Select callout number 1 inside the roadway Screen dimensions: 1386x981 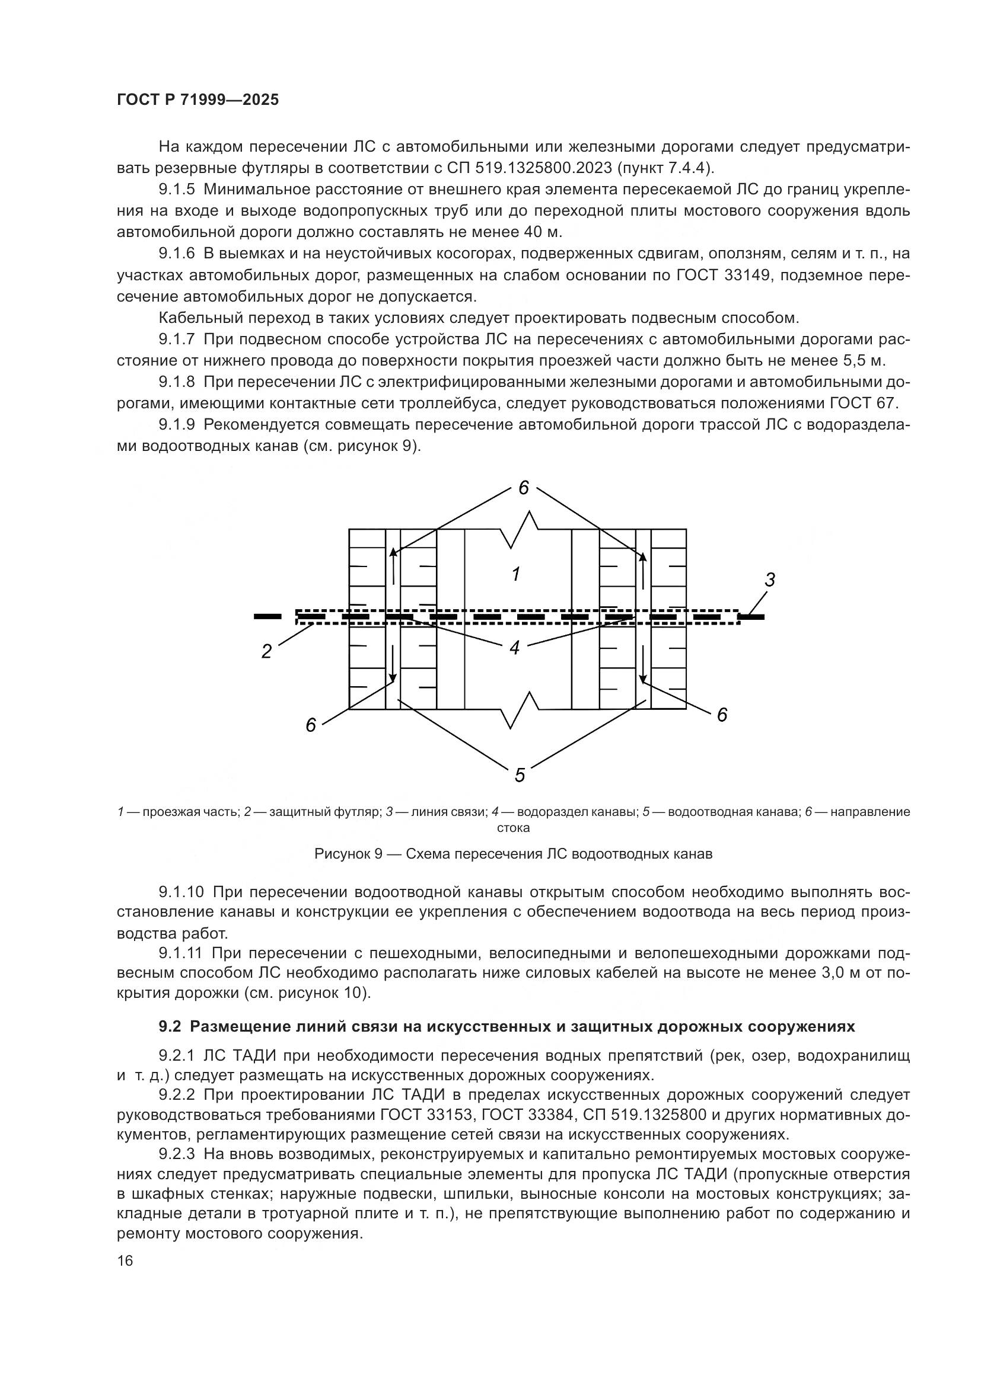[516, 574]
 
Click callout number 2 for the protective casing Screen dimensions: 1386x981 [266, 652]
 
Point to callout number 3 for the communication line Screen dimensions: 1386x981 [770, 580]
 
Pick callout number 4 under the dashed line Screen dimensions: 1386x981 [515, 648]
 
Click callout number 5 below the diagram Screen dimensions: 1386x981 [520, 775]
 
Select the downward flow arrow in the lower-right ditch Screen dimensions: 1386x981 [644, 665]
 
